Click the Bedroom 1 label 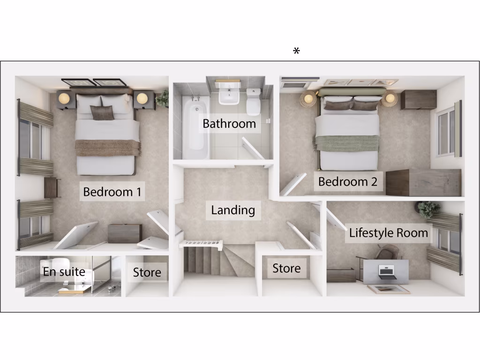tap(112, 192)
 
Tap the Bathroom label tap(229, 124)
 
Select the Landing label tap(233, 210)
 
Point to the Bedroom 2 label tap(347, 182)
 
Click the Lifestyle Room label tap(388, 233)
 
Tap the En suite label tap(64, 271)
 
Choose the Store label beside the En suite tap(147, 272)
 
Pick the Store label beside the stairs tap(286, 269)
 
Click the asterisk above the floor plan tap(296, 52)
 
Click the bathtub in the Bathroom tap(194, 127)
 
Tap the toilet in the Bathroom tap(254, 102)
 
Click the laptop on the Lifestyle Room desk tap(385, 271)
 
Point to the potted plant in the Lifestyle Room tap(428, 209)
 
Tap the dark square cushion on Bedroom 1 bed tap(102, 113)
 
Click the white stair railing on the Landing tap(201, 244)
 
